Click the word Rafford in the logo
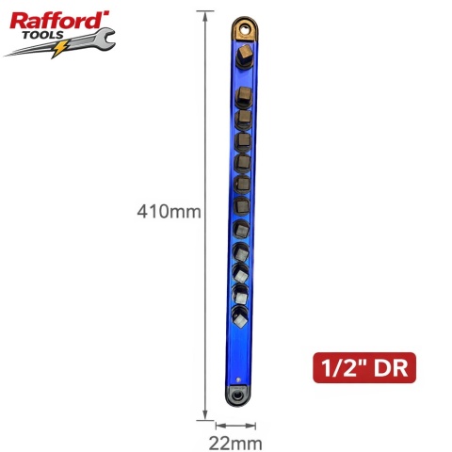pyautogui.click(x=59, y=22)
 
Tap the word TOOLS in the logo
pyautogui.click(x=43, y=35)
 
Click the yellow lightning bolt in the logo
pyautogui.click(x=59, y=49)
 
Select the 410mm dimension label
pyautogui.click(x=169, y=211)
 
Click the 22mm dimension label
pyautogui.click(x=235, y=444)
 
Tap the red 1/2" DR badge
pyautogui.click(x=364, y=367)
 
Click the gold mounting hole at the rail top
pyautogui.click(x=245, y=29)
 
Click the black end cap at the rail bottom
pyautogui.click(x=237, y=395)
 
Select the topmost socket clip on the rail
pyautogui.click(x=245, y=56)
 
